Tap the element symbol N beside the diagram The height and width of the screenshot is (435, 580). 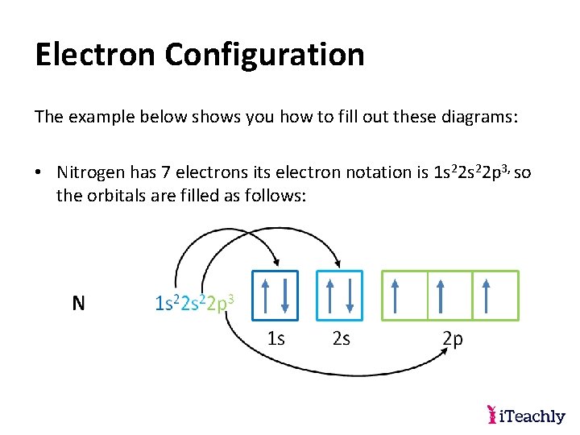[x=78, y=303]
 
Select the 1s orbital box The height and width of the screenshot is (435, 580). [x=275, y=295]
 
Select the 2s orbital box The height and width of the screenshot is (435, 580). [x=340, y=295]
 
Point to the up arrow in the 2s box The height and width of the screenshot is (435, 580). [x=329, y=295]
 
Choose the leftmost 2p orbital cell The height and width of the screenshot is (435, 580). [x=404, y=296]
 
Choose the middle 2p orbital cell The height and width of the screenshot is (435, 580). [x=449, y=296]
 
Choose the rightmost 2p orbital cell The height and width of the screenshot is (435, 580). [x=495, y=296]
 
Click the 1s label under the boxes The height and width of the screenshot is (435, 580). [x=275, y=338]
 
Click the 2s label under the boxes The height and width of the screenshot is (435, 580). [x=341, y=338]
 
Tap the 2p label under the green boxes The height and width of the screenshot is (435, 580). [x=453, y=339]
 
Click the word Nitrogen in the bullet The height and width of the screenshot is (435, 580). [x=90, y=172]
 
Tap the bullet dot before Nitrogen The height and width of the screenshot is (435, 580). [x=39, y=172]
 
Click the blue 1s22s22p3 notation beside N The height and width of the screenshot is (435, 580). [x=194, y=304]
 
